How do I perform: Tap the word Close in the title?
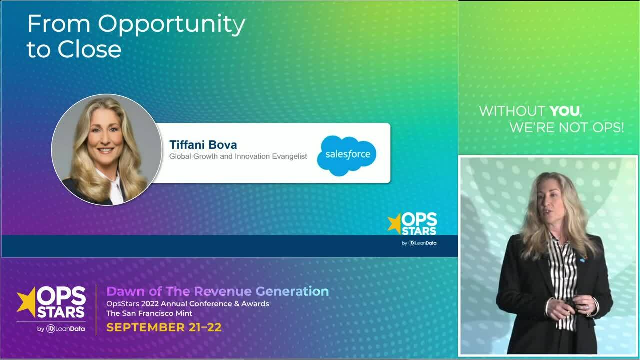point(89,50)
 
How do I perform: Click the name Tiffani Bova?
point(203,145)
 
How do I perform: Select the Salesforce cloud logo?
point(347,155)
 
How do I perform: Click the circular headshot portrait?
point(106,149)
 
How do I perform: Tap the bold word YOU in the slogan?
point(565,111)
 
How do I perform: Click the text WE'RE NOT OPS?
point(566,128)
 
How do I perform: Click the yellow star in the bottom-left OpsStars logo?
point(26,301)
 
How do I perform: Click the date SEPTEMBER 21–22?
point(164,328)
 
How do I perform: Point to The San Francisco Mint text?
point(149,313)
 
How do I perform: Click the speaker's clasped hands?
point(570,305)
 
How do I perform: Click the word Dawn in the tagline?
point(123,291)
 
